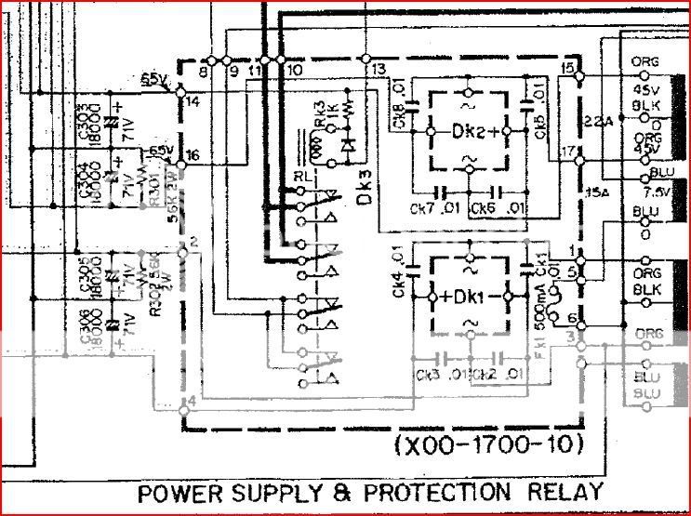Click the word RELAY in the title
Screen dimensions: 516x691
563,492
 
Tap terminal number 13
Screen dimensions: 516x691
378,70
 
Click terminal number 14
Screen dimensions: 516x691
193,100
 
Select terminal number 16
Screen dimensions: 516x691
193,155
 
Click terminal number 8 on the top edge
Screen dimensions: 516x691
204,70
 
